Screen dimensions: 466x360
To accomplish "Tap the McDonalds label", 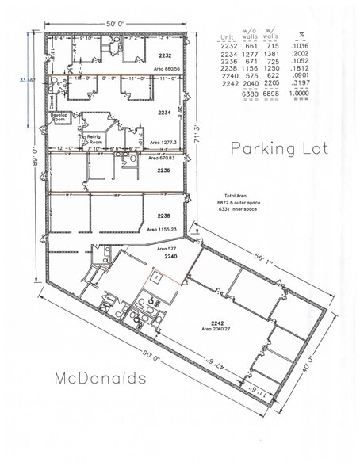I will coord(100,378).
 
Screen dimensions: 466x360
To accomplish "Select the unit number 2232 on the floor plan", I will coord(165,56).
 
